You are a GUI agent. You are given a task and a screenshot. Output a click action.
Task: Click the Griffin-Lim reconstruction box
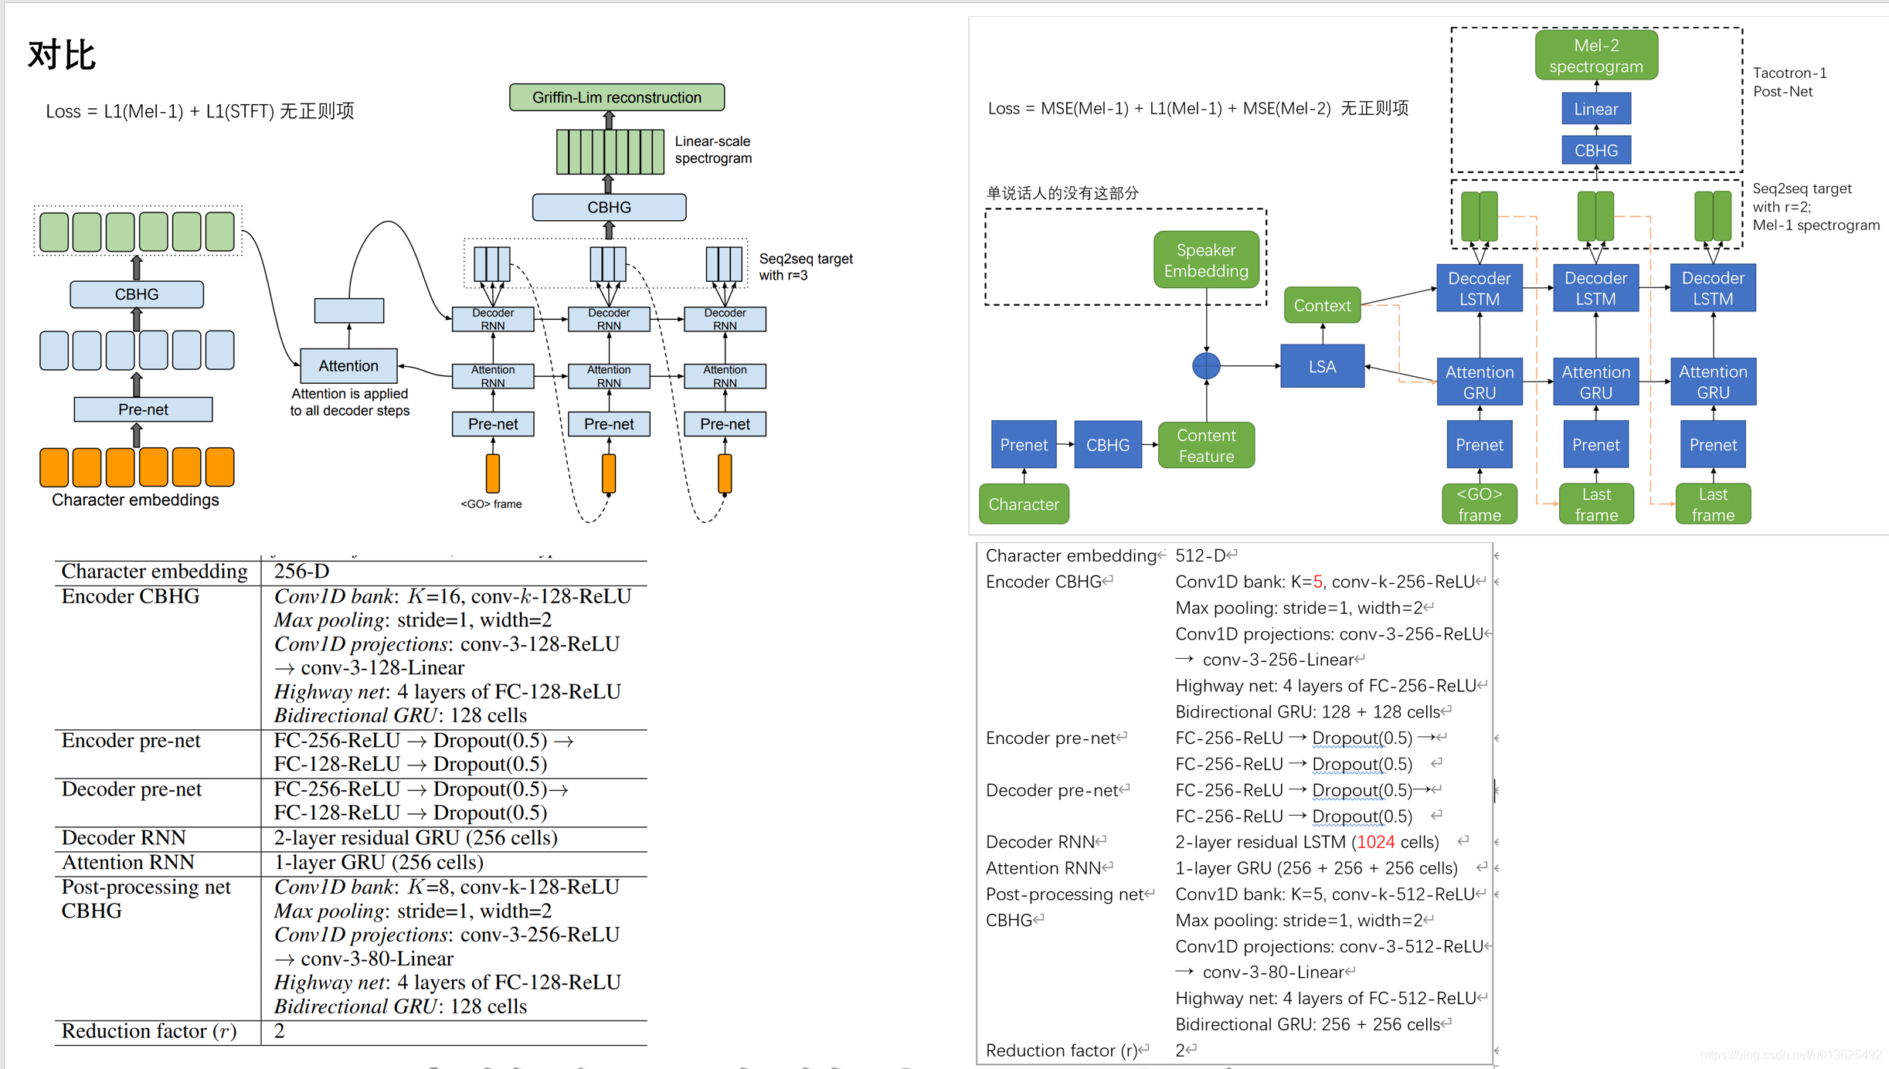(617, 97)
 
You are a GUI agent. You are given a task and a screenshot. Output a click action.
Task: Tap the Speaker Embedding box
(1206, 260)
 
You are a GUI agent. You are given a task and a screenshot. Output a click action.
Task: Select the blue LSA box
(1322, 366)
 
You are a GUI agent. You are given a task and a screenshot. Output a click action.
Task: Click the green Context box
(1322, 306)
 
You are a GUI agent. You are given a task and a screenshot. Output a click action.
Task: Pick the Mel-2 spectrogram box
(1595, 56)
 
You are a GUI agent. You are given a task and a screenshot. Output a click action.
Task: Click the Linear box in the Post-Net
(1595, 109)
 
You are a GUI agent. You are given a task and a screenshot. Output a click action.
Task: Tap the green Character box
(1024, 504)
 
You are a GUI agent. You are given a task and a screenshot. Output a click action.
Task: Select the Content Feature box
(1206, 446)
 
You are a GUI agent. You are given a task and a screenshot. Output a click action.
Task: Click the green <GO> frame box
(1479, 504)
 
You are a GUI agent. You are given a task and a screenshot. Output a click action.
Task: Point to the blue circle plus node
(1206, 366)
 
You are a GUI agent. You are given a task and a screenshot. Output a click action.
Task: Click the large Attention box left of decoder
(348, 366)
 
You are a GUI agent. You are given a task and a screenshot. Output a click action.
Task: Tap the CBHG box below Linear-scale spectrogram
(609, 207)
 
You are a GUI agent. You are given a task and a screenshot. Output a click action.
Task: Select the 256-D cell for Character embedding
(301, 572)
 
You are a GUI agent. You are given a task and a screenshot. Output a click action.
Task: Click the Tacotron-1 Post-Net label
(1789, 82)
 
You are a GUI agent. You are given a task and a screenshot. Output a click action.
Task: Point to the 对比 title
(62, 56)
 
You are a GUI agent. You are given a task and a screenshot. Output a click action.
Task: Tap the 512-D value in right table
(1200, 555)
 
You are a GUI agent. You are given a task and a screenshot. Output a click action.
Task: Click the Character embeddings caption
(135, 501)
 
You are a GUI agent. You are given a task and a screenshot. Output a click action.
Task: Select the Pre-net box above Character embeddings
(143, 409)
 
